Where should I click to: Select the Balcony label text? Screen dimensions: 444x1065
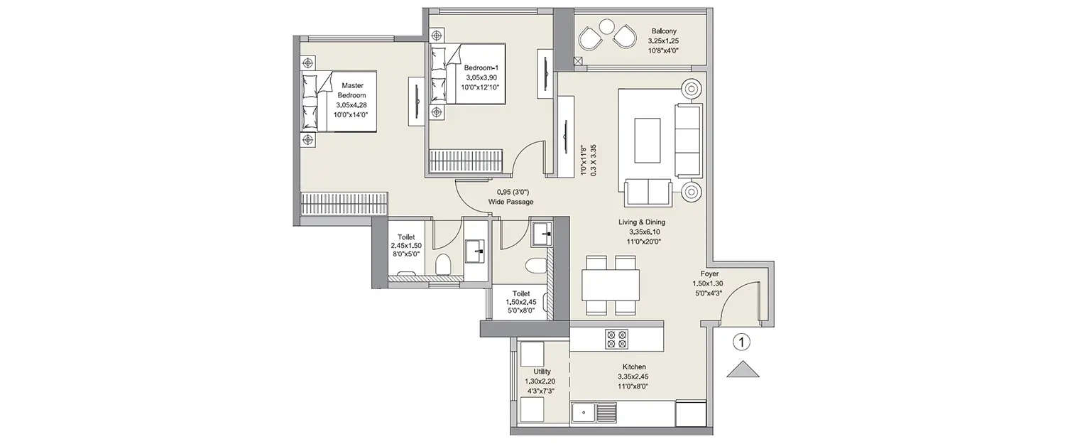click(664, 40)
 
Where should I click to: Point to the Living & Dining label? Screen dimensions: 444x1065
click(641, 232)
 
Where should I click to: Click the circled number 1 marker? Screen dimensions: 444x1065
click(741, 342)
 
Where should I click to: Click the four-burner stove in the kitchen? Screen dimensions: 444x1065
click(615, 339)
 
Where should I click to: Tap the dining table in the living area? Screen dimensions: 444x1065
click(610, 286)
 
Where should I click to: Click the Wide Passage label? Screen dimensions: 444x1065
click(510, 197)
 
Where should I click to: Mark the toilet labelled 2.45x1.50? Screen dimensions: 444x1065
click(405, 249)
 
